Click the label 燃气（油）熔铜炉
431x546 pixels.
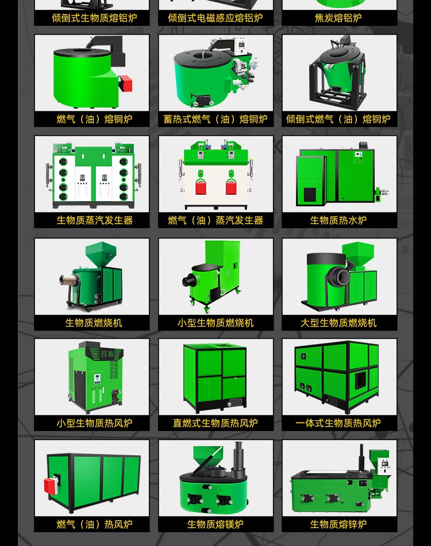pos(94,119)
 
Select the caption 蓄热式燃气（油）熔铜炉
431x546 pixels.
pos(215,119)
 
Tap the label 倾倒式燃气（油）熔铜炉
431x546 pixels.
pos(338,119)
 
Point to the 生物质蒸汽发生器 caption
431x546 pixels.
pos(95,220)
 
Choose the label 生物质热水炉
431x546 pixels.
pos(338,220)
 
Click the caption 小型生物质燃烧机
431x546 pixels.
pos(215,323)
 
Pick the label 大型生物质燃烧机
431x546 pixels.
pos(338,323)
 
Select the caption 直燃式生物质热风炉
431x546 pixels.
pos(215,423)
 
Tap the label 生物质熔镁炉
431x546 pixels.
pos(215,524)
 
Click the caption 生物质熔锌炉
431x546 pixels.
pos(338,524)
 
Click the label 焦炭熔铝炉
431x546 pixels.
pos(338,18)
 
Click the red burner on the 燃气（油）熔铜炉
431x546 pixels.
pos(126,83)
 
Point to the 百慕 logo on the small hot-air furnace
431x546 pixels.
pos(107,354)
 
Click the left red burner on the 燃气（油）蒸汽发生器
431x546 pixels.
pos(201,187)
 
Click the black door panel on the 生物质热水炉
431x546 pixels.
pos(310,194)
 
